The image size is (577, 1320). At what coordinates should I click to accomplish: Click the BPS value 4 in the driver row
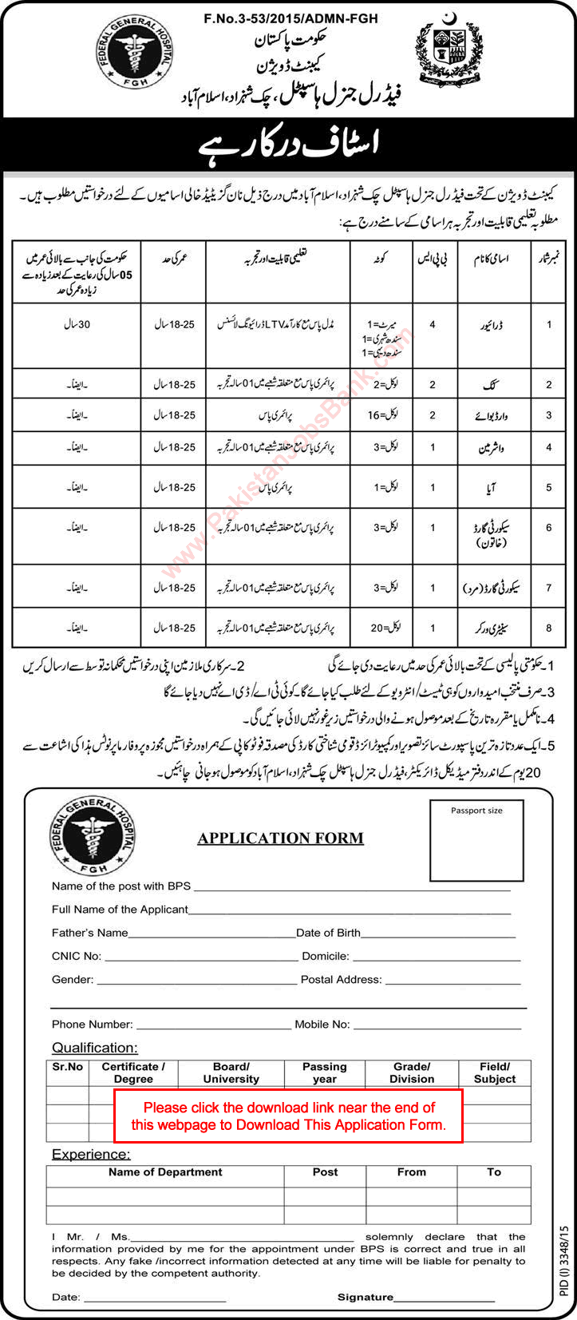pos(433,326)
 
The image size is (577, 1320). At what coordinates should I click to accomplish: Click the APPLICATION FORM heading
pos(280,838)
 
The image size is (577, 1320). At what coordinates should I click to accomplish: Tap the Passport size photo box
pos(476,840)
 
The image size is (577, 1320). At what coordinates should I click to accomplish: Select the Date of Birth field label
pos(328,932)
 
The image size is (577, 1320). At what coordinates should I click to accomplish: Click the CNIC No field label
pos(77,956)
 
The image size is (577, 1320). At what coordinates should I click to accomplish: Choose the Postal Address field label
pos(341,979)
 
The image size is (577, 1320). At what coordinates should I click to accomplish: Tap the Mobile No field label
pos(322,1024)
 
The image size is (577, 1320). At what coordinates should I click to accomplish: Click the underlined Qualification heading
pos(95,1048)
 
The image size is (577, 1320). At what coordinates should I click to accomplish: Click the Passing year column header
pos(324,1072)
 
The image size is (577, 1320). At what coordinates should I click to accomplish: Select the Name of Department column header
pos(165,1172)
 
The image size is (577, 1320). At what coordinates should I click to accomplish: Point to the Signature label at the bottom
pos(366,1298)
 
